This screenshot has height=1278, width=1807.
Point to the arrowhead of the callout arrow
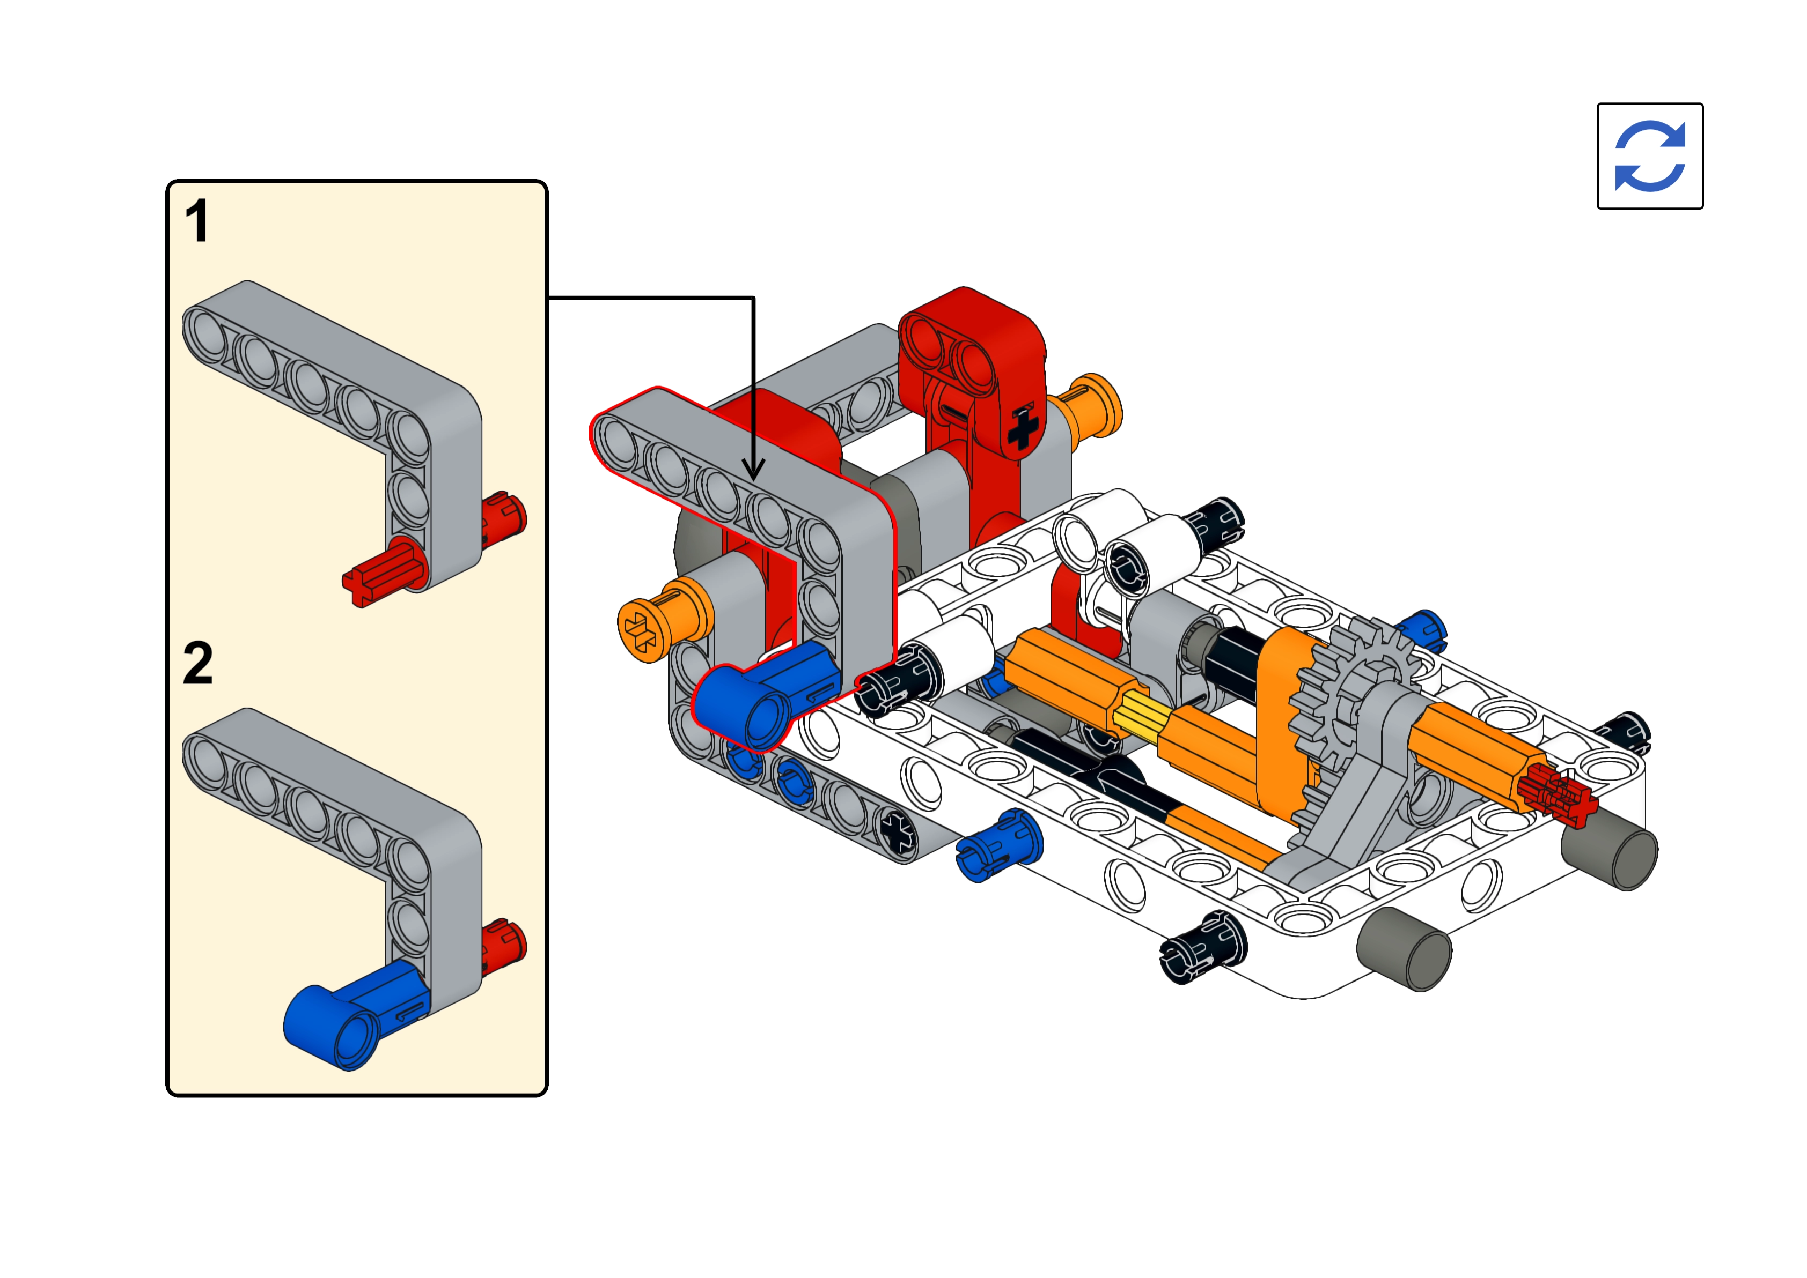point(753,470)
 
